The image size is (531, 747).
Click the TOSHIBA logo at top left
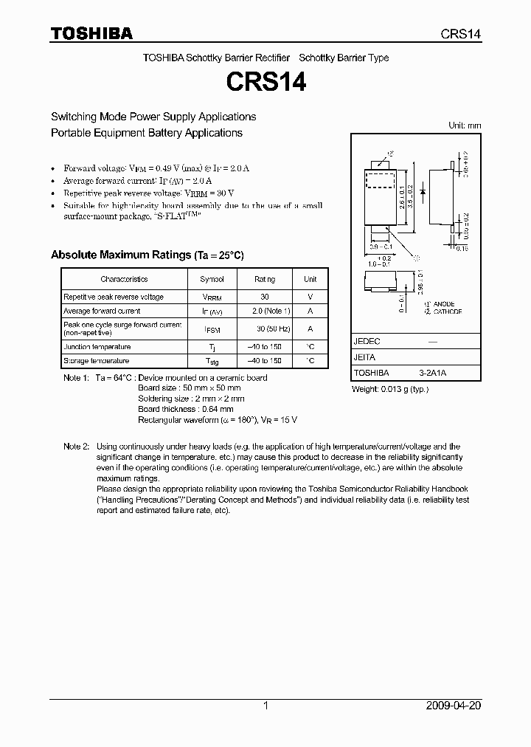91,33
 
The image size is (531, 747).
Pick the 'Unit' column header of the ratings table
310,279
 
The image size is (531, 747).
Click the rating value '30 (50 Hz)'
264,329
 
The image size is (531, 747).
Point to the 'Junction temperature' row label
97,347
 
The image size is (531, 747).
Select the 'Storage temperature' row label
96,361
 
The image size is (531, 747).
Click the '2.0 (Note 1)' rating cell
264,311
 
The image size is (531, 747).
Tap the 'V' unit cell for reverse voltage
310,297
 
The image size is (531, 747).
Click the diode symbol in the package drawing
422,191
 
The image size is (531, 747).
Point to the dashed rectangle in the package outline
382,182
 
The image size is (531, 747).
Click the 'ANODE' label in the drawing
443,304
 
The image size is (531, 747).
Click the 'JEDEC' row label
367,342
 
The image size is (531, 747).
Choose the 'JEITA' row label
365,358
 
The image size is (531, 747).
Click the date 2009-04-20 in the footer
454,706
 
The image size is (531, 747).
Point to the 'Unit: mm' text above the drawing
465,125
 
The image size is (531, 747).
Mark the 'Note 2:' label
76,447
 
